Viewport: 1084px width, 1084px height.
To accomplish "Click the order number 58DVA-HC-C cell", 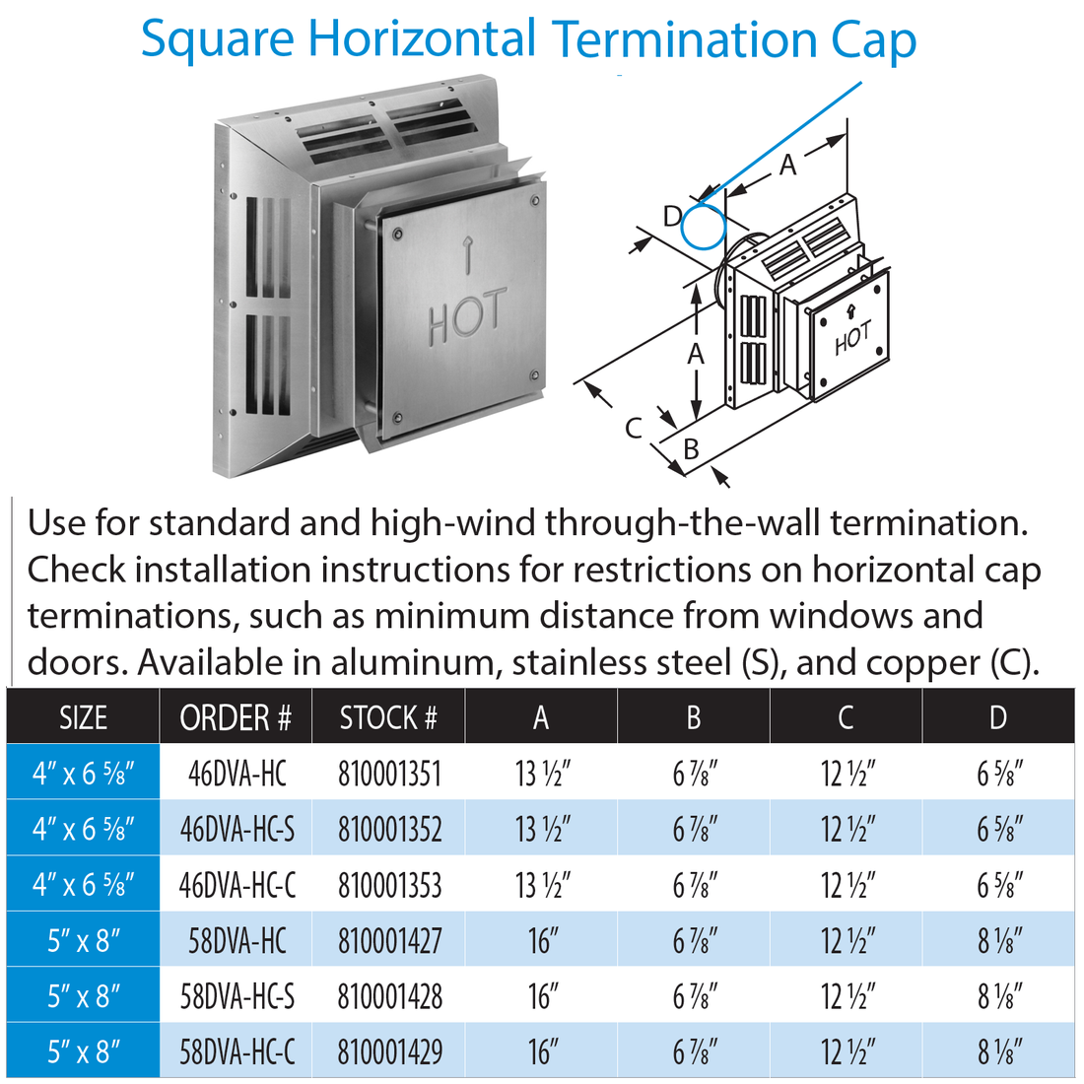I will pos(237,1052).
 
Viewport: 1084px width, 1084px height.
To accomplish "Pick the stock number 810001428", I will pos(389,996).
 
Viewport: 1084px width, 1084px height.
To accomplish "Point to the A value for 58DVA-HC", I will pos(541,941).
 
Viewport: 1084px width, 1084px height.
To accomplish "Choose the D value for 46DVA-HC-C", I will pos(997,885).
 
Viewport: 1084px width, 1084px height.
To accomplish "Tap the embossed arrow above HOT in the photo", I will pos(468,257).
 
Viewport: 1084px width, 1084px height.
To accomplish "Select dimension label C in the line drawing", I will pos(634,427).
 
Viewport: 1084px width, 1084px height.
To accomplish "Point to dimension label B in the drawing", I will pos(691,448).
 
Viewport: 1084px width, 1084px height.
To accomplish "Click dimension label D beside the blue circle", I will pos(672,216).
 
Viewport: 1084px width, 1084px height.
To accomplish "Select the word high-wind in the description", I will pos(454,522).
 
